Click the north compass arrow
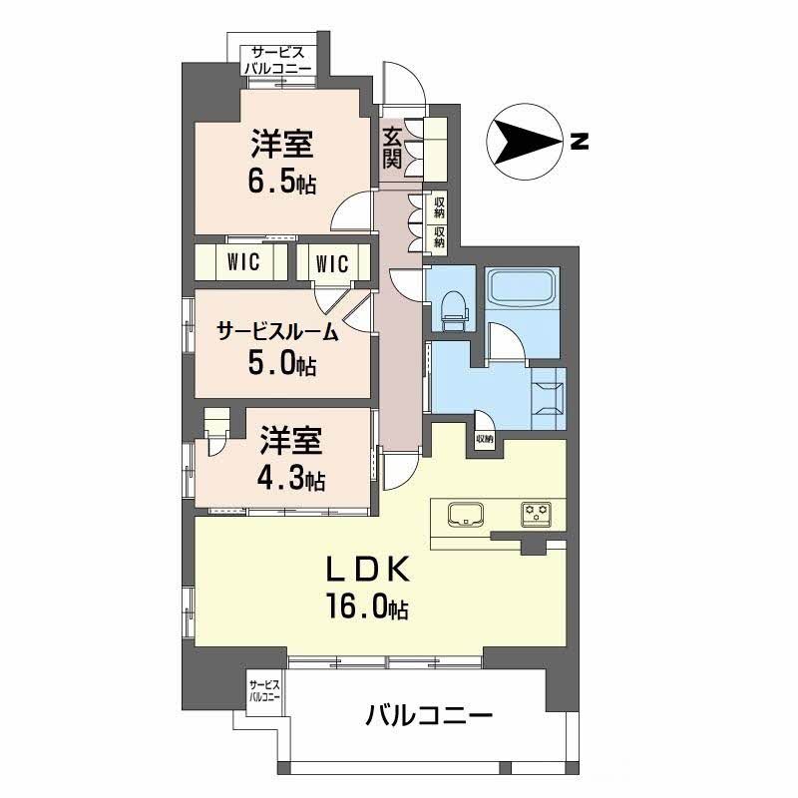coord(521,142)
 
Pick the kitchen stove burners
coord(537,515)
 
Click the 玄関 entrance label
coord(391,149)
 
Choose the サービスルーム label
coord(277,332)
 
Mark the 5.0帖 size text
coord(281,364)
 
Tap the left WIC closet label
coord(243,263)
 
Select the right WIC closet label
coord(331,263)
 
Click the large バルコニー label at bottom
coord(428,716)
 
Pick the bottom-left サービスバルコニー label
coord(265,690)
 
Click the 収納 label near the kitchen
coord(485,439)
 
